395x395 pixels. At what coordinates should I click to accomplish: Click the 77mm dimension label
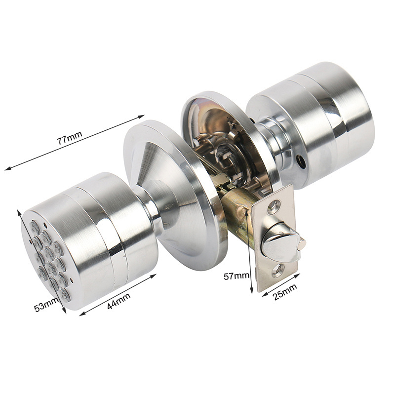69,137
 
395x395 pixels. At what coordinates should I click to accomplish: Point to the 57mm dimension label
236,276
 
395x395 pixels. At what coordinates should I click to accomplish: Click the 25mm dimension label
285,291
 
